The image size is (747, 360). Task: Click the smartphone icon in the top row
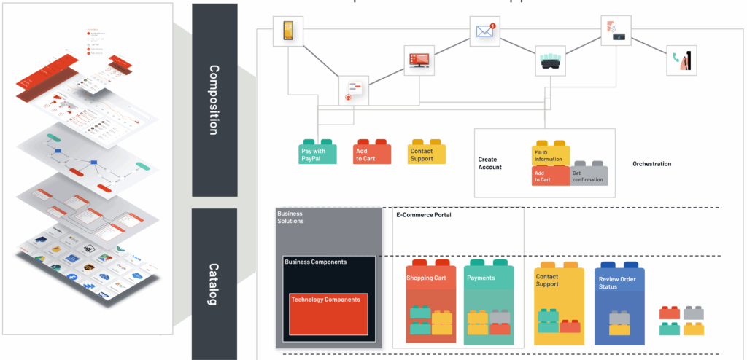pos(287,31)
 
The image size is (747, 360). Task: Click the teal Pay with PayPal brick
pos(318,152)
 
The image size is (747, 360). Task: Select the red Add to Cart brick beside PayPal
pos(372,152)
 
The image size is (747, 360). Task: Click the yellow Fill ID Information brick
pos(550,154)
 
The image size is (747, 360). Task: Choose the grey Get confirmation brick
pos(588,173)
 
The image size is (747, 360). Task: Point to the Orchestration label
pos(651,164)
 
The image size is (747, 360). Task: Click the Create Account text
pos(490,163)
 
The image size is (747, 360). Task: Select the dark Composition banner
pos(214,100)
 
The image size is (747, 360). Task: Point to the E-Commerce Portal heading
pos(423,215)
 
